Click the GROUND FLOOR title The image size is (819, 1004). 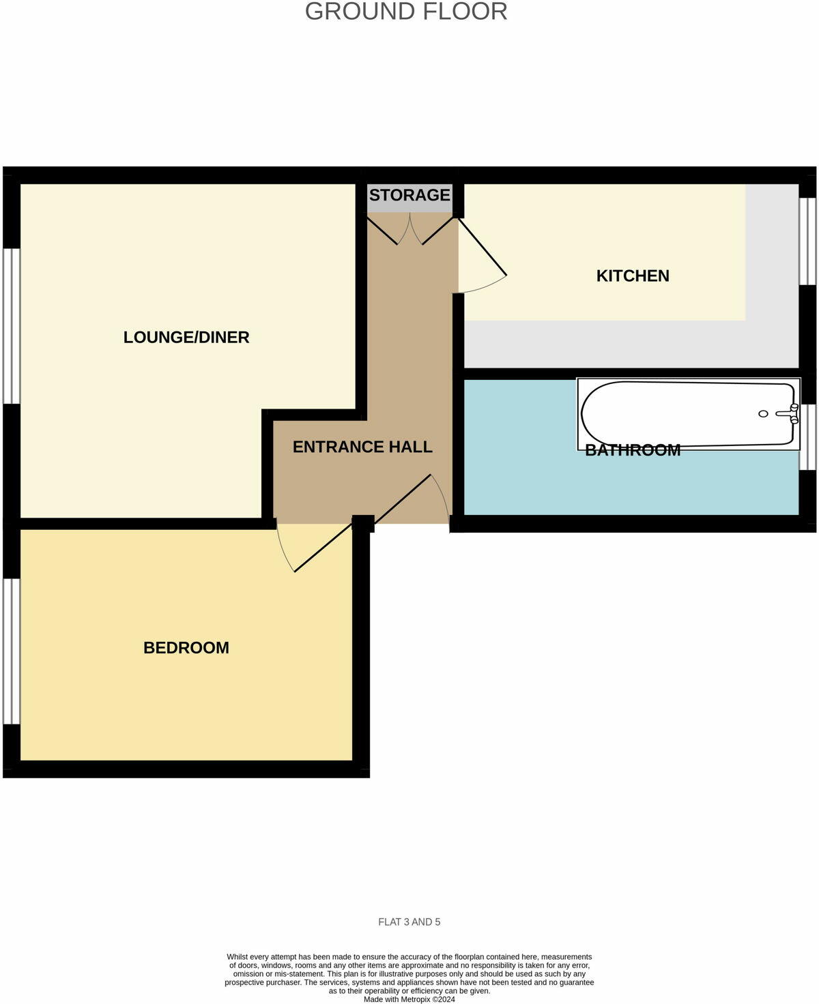pos(406,12)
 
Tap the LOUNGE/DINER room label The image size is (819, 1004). pos(186,337)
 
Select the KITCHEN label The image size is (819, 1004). pos(633,276)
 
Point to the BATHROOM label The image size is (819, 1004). pos(633,450)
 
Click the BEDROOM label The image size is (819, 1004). pos(186,647)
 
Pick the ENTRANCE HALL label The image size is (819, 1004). pos(362,447)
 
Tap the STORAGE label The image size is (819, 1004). pos(409,195)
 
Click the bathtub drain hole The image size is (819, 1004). pos(764,414)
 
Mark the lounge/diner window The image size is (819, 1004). pos(12,326)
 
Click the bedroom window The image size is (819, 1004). pos(12,651)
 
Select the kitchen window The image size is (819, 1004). pos(807,241)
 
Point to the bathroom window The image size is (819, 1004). pos(807,437)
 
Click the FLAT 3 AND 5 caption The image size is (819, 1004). pos(409,922)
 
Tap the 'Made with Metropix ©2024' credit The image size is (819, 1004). pos(409,999)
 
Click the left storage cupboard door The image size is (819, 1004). pos(383,230)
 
